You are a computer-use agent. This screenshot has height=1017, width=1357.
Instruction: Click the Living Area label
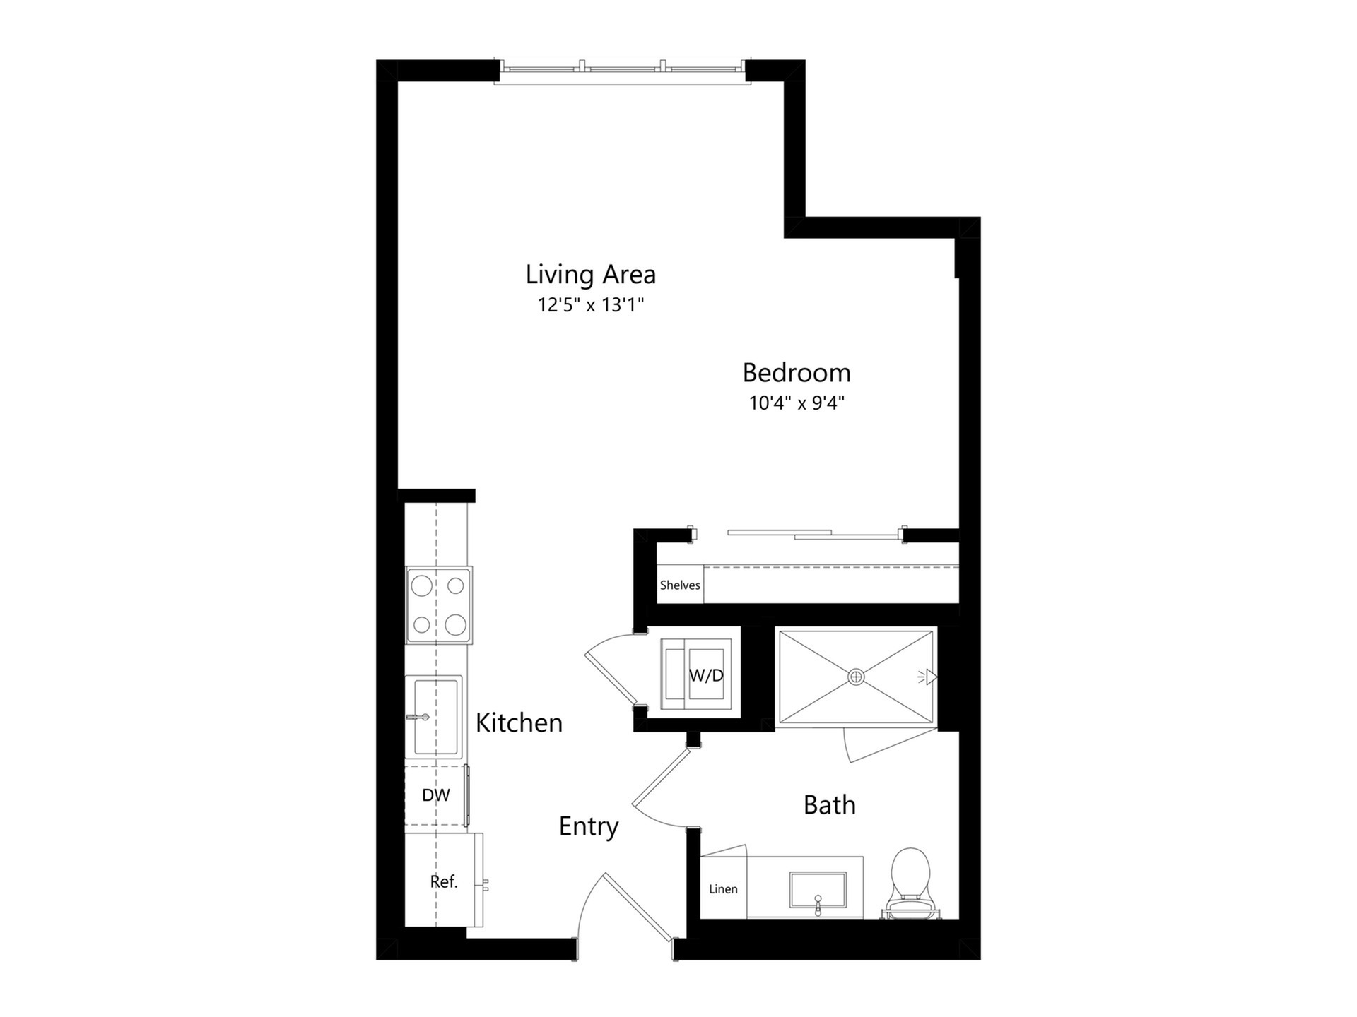point(590,274)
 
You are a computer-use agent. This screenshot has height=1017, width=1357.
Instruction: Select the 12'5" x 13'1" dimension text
point(591,305)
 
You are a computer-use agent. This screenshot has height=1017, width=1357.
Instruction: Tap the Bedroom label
point(797,372)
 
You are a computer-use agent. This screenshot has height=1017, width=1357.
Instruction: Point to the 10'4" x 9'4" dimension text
point(797,403)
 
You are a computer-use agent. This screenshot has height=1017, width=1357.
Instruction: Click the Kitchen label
point(519,722)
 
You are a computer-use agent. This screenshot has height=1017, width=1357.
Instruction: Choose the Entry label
point(589,826)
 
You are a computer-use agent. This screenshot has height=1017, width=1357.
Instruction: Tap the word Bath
point(830,805)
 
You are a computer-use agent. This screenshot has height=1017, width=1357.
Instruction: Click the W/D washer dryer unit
point(695,674)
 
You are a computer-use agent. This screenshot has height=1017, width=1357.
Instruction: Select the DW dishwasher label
point(435,795)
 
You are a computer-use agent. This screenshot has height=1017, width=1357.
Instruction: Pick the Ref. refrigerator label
point(444,881)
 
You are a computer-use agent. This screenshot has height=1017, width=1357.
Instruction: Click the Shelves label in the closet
point(680,585)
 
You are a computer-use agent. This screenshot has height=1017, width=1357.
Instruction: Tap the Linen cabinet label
point(723,889)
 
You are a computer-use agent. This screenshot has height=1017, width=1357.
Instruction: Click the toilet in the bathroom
point(910,883)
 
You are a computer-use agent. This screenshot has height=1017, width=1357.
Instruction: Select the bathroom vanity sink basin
point(818,890)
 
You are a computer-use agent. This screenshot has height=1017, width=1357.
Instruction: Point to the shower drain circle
point(856,677)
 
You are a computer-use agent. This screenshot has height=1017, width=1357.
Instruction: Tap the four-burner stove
point(439,605)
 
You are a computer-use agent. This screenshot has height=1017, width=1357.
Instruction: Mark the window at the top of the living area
point(622,72)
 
